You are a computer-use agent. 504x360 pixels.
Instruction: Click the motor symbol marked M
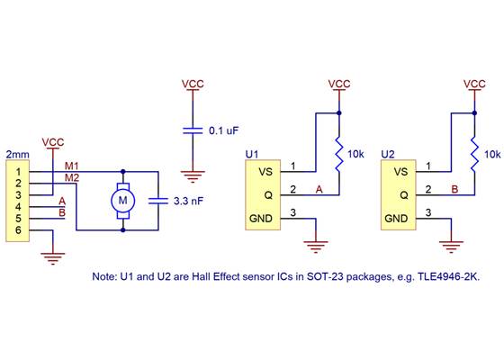123,200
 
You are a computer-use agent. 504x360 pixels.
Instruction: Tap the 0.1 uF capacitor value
223,130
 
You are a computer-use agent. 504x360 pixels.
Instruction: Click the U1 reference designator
253,155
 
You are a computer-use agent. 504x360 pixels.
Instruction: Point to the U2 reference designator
388,155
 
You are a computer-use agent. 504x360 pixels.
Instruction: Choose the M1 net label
72,166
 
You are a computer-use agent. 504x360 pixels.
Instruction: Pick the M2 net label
72,177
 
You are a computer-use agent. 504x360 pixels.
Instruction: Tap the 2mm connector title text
16,155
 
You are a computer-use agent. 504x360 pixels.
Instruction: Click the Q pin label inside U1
264,193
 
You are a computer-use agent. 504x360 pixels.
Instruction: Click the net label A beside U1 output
319,189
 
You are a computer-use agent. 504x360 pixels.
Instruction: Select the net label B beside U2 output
454,189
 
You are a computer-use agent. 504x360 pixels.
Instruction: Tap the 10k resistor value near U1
356,155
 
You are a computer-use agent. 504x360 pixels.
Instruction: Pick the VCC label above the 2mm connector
53,142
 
